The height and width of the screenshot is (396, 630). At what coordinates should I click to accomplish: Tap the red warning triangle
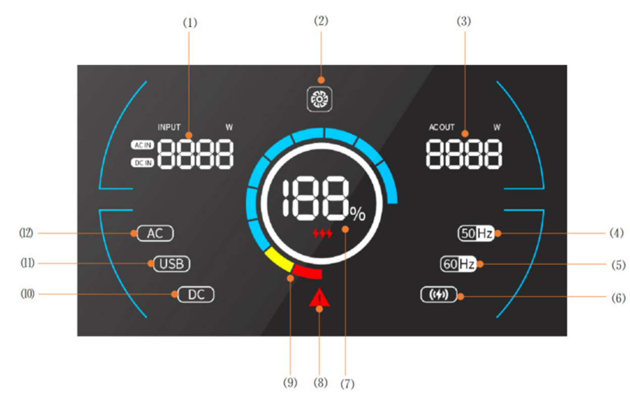point(320,299)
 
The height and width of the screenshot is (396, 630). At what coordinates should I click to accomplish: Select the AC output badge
point(155,233)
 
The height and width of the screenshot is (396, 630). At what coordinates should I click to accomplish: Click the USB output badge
point(172,264)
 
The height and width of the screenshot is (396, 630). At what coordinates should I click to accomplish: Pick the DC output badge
point(196,295)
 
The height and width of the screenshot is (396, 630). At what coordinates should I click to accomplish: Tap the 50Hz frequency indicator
point(476,233)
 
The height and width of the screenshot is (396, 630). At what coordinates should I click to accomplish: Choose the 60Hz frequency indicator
point(458,264)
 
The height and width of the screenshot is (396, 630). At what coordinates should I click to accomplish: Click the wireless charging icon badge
point(438,295)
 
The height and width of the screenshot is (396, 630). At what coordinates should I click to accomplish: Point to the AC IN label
point(142,145)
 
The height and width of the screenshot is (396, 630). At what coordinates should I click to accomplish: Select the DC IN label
point(142,163)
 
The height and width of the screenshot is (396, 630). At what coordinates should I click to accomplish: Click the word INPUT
point(169,127)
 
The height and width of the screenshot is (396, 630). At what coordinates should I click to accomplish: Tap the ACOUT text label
point(442,127)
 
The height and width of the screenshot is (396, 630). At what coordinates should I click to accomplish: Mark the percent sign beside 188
point(357,215)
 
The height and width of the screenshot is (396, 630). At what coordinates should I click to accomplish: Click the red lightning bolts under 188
point(323,233)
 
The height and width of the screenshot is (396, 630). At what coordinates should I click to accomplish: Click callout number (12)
point(26,233)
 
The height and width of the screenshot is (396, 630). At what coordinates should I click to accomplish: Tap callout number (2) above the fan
point(321,21)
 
